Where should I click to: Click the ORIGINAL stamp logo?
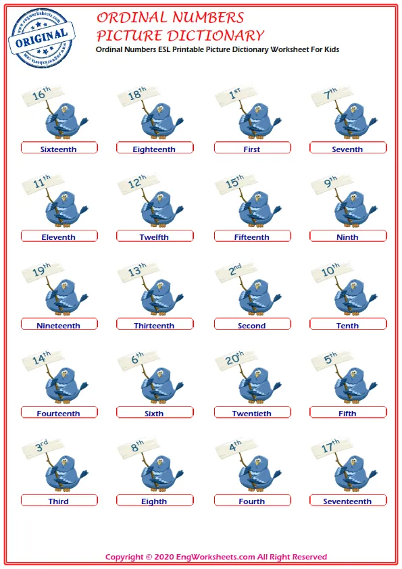[x=41, y=38]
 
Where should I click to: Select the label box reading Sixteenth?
[x=59, y=148]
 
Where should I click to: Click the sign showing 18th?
[x=139, y=95]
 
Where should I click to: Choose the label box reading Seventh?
[x=348, y=148]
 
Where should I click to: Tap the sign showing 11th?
[x=43, y=183]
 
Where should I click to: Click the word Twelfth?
[x=154, y=237]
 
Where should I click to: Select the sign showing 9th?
[x=332, y=183]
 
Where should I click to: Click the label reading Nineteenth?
[x=58, y=326]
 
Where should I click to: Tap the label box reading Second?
[x=253, y=324]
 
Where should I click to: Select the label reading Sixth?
[x=154, y=414]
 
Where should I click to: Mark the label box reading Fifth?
[x=348, y=412]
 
